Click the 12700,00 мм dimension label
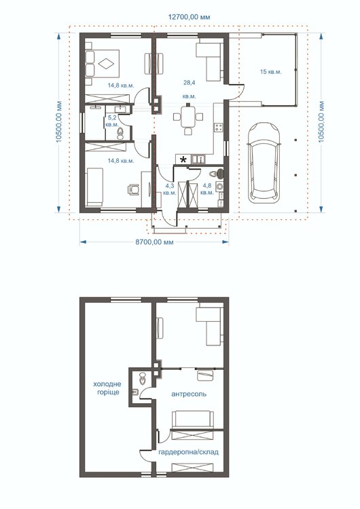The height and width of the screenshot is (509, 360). pyautogui.click(x=189, y=17)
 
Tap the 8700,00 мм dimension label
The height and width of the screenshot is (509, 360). pyautogui.click(x=154, y=242)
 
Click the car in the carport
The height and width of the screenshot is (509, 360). pyautogui.click(x=264, y=162)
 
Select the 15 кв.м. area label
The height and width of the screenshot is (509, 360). pyautogui.click(x=270, y=72)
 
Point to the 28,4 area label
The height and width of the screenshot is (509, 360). pyautogui.click(x=189, y=83)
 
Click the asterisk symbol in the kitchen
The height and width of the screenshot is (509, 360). pyautogui.click(x=183, y=159)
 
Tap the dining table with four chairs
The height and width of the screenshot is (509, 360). pyautogui.click(x=188, y=118)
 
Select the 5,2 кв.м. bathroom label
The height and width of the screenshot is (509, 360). pyautogui.click(x=112, y=121)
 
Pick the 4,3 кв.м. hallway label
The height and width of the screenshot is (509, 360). pyautogui.click(x=170, y=189)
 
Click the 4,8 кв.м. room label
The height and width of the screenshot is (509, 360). pyautogui.click(x=207, y=189)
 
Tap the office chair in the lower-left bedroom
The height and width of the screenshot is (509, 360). pyautogui.click(x=134, y=189)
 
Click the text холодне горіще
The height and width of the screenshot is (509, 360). pyautogui.click(x=107, y=388)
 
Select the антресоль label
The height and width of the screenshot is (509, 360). pyautogui.click(x=189, y=394)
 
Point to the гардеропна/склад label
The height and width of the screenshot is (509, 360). pyautogui.click(x=188, y=452)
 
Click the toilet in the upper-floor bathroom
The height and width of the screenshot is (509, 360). pyautogui.click(x=143, y=377)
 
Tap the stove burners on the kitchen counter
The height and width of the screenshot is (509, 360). pyautogui.click(x=219, y=128)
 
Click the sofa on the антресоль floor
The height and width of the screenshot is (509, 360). pyautogui.click(x=193, y=419)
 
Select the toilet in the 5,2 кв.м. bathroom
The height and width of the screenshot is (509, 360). pyautogui.click(x=120, y=134)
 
